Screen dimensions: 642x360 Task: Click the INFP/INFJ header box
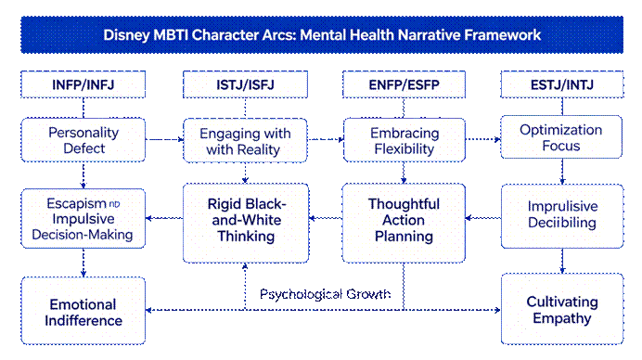point(83,84)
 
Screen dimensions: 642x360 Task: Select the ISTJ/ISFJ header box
point(245,84)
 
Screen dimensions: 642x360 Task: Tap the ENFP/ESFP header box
point(404,84)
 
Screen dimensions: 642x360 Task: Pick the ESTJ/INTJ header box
point(562,84)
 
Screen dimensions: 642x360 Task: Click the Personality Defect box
point(83,140)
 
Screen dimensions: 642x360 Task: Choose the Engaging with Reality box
point(245,140)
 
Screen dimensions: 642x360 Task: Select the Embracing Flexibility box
point(404,140)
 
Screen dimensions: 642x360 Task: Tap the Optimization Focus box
point(561,136)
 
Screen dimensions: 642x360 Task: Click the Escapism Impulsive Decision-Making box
point(83,218)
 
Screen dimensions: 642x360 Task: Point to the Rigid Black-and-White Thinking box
point(246,223)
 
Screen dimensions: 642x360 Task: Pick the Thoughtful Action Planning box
point(404,223)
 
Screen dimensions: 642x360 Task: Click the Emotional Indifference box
point(83,311)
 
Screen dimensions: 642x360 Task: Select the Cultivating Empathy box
point(562,309)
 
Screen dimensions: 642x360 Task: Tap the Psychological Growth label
point(325,294)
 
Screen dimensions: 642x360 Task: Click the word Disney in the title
point(126,35)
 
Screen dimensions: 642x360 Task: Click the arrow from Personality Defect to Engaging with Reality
point(164,140)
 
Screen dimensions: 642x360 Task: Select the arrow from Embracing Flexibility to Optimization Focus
point(483,139)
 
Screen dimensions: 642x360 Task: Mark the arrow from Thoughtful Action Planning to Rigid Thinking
point(326,218)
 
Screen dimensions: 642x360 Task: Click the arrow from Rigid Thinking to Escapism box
point(164,218)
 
